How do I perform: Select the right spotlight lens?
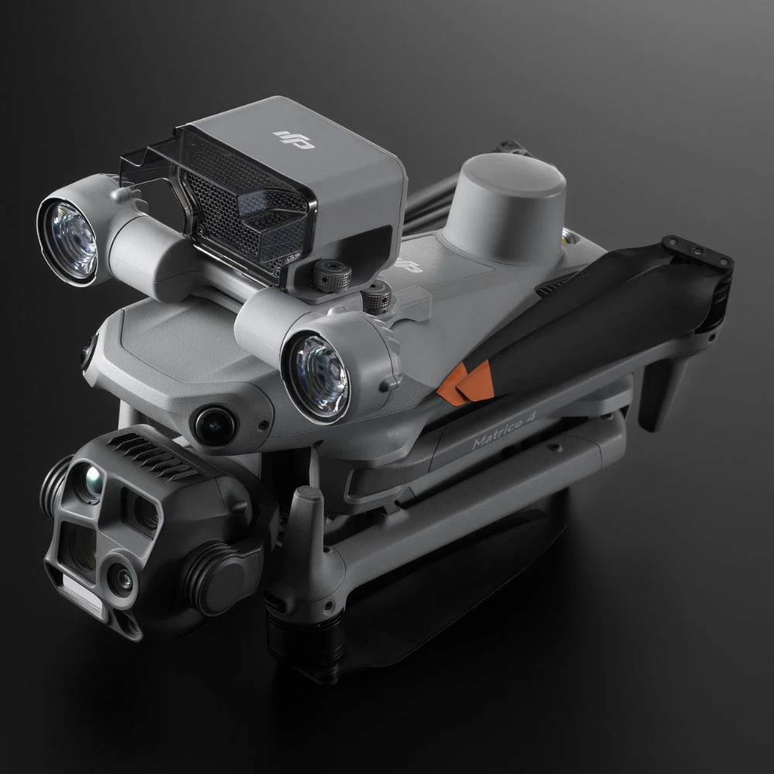(x=315, y=376)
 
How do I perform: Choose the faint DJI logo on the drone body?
(x=408, y=265)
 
